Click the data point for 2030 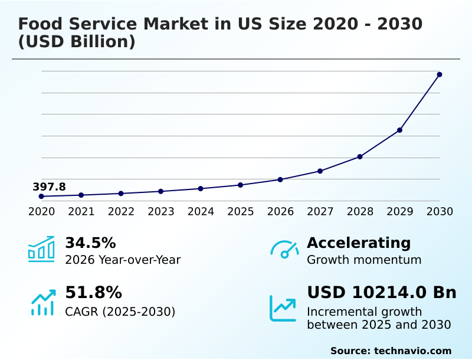[x=440, y=74]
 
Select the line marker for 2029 [x=399, y=130]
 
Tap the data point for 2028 [x=360, y=156]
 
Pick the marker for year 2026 [x=280, y=179]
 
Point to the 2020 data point [x=41, y=196]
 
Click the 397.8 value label [x=49, y=186]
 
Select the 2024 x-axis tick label [x=201, y=211]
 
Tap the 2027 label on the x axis [x=320, y=211]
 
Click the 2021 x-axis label [x=81, y=211]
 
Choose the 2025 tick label [x=240, y=211]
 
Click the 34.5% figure [x=90, y=243]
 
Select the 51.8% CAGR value [x=93, y=292]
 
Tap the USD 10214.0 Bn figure [x=382, y=292]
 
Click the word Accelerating [x=359, y=243]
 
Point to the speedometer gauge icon [x=284, y=250]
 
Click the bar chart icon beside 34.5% [x=41, y=249]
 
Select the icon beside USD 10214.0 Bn [x=283, y=307]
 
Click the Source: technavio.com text [x=391, y=351]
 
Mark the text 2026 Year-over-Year [x=123, y=260]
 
